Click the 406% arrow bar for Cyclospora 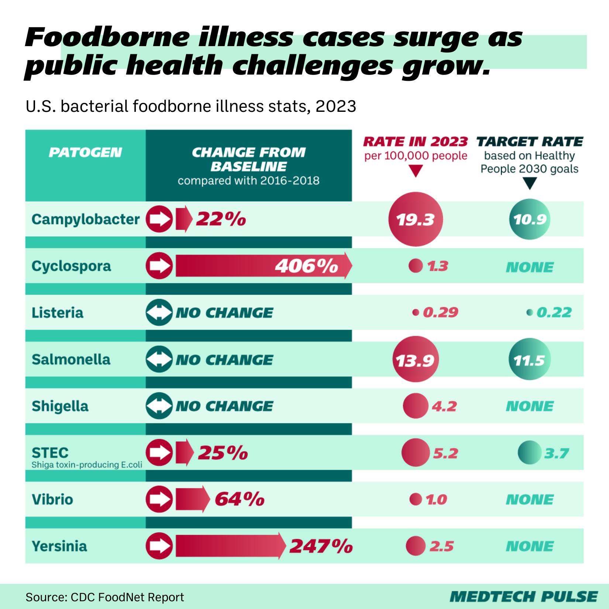pos(262,266)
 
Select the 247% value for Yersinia pos(320,546)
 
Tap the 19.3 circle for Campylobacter pos(416,220)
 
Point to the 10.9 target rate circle pos(530,220)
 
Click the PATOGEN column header pos(85,152)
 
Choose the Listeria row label pos(58,313)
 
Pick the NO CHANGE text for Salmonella pos(224,359)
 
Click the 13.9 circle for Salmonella pos(416,359)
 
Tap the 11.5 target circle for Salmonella pos(530,359)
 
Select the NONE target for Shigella pos(530,406)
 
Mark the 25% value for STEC pos(223,453)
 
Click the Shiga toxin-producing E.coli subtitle pos(86,465)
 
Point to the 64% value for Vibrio pos(240,500)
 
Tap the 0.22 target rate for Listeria pos(553,313)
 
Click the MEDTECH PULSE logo pos(523,596)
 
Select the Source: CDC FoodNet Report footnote pos(105,597)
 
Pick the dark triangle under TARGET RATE pos(530,183)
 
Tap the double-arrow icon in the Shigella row pos(159,406)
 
